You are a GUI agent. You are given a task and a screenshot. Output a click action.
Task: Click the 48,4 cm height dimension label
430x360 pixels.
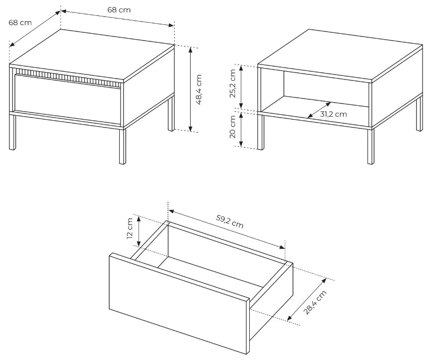pyautogui.click(x=199, y=89)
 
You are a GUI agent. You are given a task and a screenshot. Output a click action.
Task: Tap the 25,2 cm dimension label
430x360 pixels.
pyautogui.click(x=232, y=83)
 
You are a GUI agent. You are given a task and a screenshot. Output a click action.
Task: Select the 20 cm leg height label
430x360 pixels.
pyautogui.click(x=232, y=127)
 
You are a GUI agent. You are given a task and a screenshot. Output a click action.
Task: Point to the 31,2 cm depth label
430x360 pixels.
pyautogui.click(x=334, y=114)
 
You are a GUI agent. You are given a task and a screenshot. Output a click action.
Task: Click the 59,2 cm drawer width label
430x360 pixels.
pyautogui.click(x=230, y=221)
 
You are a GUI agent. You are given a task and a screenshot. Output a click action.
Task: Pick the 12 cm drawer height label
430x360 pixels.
pyautogui.click(x=130, y=228)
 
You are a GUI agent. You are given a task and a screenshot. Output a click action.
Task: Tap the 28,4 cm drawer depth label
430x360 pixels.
pyautogui.click(x=315, y=302)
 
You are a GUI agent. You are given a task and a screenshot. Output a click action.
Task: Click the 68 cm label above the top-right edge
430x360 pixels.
pyautogui.click(x=119, y=10)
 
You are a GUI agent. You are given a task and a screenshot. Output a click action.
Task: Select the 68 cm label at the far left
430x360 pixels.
pyautogui.click(x=20, y=22)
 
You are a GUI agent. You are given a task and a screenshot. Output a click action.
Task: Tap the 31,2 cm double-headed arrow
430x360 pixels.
pyautogui.click(x=319, y=110)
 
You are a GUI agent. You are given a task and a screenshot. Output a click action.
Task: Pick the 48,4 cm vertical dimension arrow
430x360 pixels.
pyautogui.click(x=191, y=89)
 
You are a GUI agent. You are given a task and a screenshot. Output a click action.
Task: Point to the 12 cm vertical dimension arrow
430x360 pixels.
pyautogui.click(x=139, y=231)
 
